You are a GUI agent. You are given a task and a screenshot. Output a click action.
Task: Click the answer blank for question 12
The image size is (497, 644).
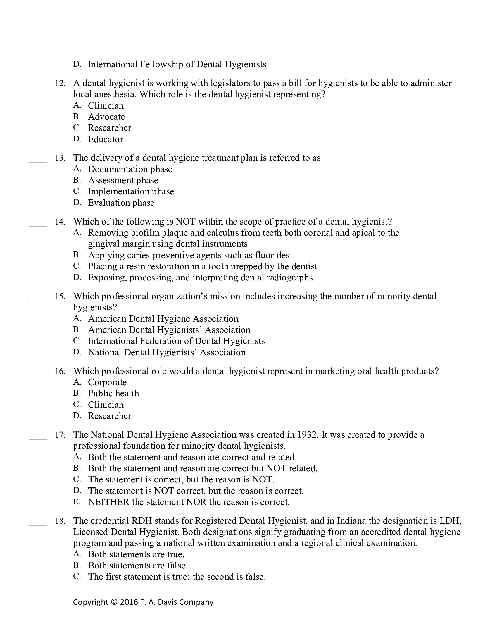[38, 86]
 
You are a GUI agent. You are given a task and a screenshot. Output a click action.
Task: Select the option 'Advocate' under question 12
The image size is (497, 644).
[106, 117]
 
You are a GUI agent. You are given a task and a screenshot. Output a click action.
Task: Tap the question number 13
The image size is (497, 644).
[60, 158]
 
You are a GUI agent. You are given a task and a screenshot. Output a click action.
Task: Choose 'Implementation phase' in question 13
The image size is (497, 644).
[131, 192]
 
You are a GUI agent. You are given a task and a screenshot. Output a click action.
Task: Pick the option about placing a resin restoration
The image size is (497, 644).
[203, 266]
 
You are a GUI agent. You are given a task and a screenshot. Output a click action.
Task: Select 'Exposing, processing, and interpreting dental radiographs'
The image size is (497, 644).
[200, 278]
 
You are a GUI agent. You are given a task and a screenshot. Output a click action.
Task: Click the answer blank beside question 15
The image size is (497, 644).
[38, 299]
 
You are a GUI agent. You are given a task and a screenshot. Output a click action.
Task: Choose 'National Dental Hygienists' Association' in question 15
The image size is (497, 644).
[167, 352]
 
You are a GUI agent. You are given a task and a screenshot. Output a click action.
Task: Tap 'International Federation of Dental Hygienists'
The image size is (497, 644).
[176, 341]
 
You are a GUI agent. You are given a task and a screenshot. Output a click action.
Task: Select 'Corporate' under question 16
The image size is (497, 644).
[107, 383]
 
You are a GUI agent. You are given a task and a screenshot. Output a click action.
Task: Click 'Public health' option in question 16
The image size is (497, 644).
[113, 394]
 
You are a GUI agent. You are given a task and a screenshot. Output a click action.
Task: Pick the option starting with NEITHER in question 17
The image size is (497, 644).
[189, 502]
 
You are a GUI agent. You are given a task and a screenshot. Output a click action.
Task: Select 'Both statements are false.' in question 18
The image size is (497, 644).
[138, 566]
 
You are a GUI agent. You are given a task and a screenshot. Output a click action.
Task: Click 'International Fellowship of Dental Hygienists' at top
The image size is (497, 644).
[177, 65]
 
